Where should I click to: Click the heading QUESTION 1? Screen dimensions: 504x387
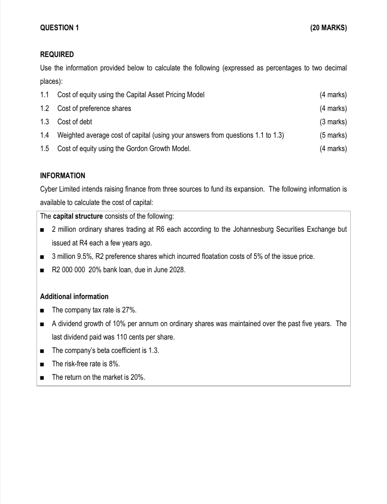point(60,28)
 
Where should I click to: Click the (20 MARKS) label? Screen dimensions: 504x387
point(328,28)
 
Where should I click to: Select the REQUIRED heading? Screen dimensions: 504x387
point(57,55)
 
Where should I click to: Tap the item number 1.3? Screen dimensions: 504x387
point(45,122)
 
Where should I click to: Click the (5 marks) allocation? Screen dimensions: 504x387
point(333,135)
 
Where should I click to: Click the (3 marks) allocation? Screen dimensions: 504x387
point(333,122)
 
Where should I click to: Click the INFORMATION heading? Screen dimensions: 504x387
point(63,176)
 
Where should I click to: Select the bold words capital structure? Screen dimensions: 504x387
point(78,216)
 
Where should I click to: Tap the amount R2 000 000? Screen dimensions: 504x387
point(68,270)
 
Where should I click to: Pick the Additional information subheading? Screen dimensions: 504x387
point(74,297)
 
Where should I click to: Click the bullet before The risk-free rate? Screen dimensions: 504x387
point(42,364)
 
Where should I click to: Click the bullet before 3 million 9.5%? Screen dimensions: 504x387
point(42,257)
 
